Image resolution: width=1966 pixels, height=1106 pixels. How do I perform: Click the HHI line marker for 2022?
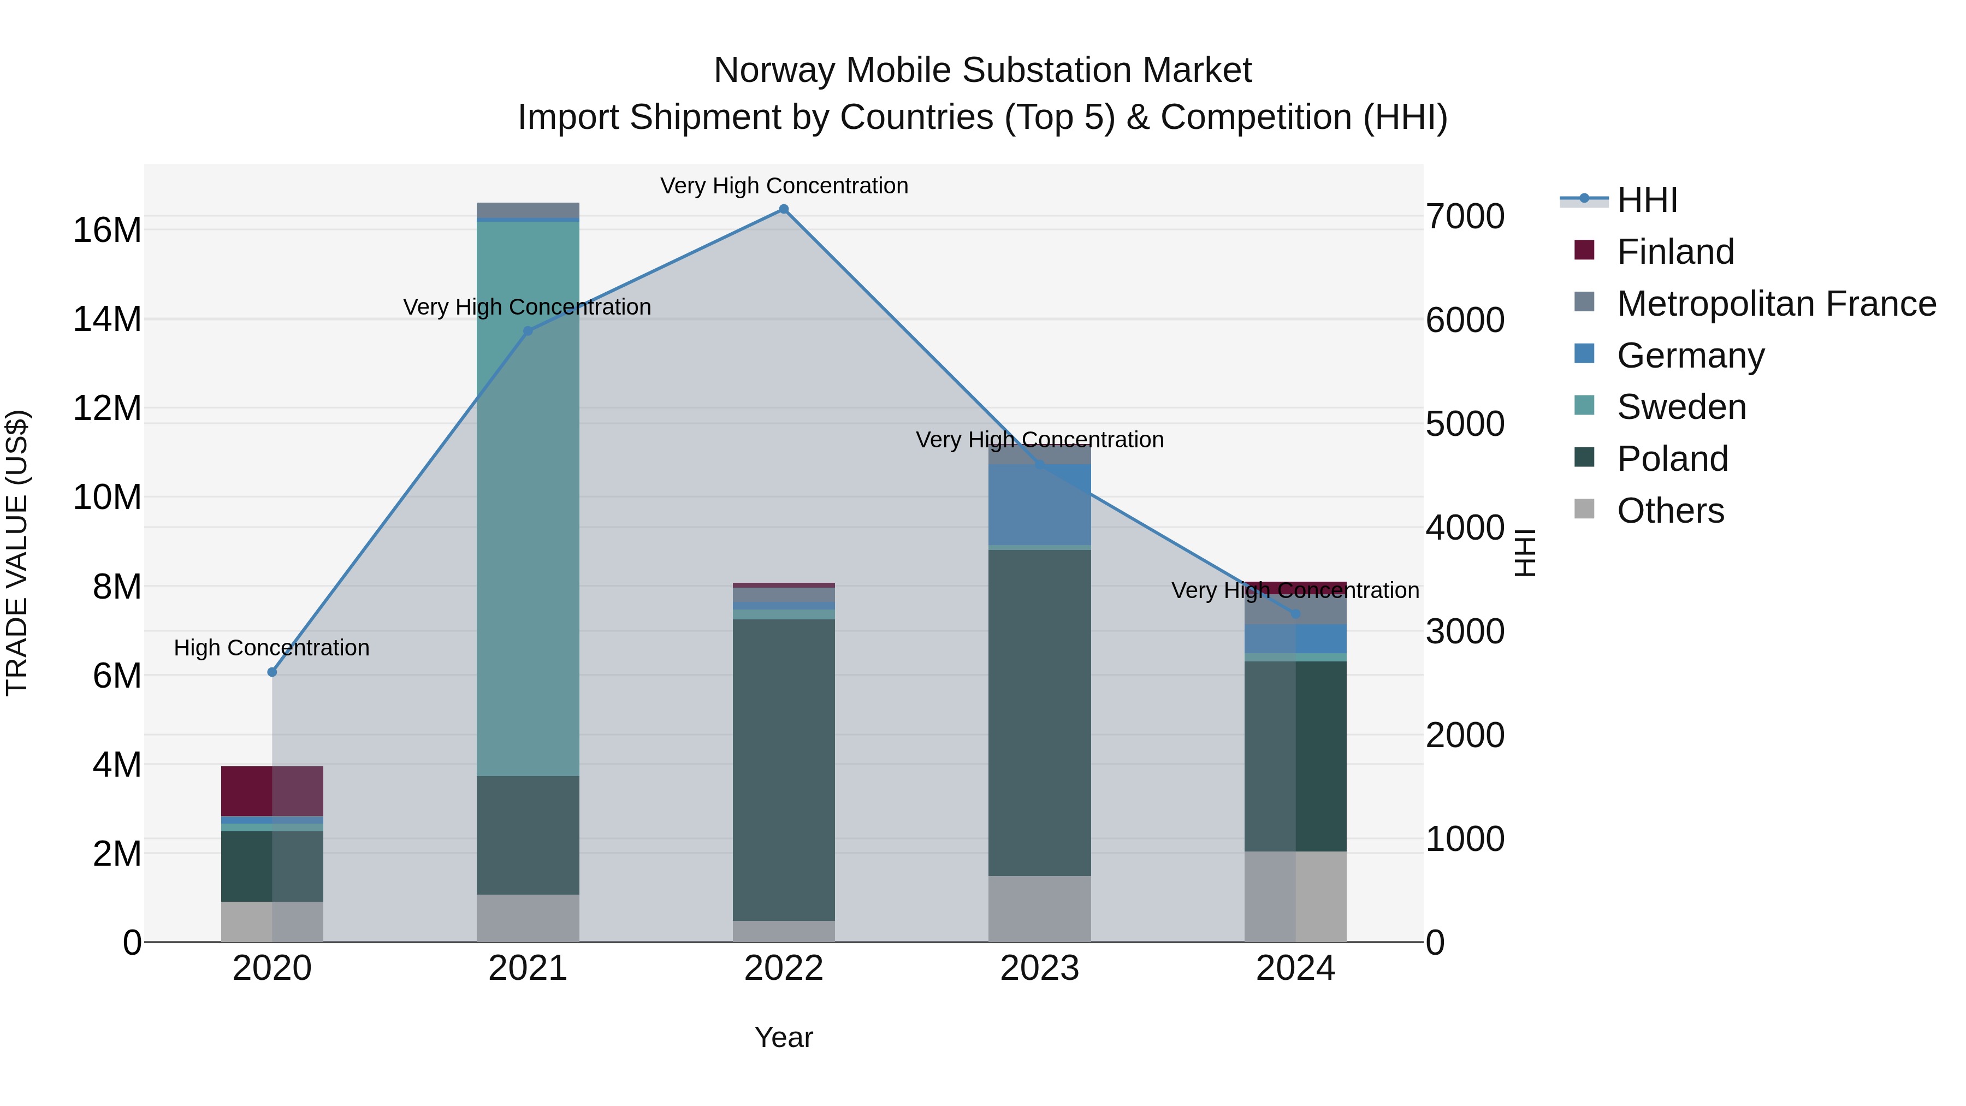[783, 209]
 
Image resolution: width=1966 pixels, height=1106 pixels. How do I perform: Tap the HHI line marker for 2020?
[273, 672]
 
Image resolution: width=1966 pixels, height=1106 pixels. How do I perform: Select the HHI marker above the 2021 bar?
[528, 332]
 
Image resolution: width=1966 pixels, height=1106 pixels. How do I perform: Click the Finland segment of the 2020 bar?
[272, 791]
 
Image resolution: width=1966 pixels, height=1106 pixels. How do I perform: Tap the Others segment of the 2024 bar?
[1295, 896]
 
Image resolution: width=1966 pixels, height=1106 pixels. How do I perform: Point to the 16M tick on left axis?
[107, 230]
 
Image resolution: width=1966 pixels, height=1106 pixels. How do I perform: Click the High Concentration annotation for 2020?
[272, 648]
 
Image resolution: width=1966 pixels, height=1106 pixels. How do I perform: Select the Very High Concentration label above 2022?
[784, 186]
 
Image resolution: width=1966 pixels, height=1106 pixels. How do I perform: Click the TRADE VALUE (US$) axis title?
[17, 553]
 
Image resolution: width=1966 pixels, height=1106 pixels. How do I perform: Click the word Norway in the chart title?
[774, 70]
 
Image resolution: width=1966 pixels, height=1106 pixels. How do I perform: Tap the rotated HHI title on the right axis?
[1524, 553]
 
